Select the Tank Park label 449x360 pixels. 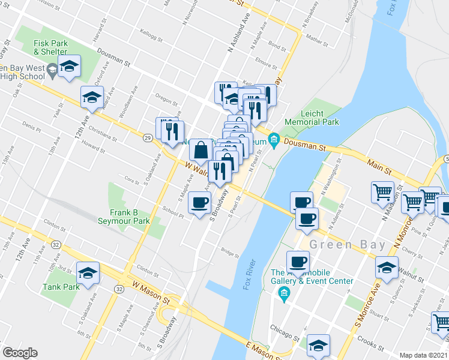tap(62, 287)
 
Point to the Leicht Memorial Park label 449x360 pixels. tap(320, 118)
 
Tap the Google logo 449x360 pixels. tap(20, 353)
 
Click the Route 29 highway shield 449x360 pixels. tap(148, 138)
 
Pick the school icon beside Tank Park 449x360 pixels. tap(87, 273)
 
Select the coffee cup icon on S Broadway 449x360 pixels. tap(199, 203)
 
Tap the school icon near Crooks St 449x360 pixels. tap(318, 345)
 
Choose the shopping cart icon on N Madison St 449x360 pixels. tap(383, 193)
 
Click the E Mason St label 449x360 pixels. tap(262, 351)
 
